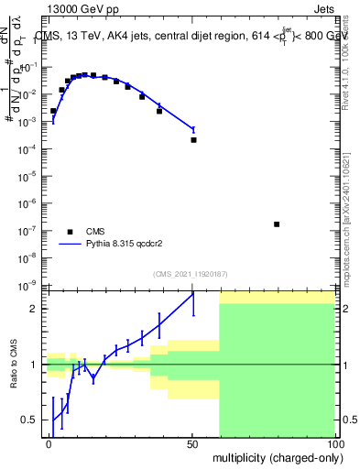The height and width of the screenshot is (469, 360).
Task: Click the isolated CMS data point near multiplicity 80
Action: click(277, 224)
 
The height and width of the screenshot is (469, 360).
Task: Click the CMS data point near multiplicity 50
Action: click(193, 140)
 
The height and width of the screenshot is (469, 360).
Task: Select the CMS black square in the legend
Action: click(71, 232)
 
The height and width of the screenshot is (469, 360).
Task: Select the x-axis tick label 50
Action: click(192, 443)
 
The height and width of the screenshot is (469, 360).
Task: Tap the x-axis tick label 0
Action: click(49, 443)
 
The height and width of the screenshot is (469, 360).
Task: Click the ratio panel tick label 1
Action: click(35, 365)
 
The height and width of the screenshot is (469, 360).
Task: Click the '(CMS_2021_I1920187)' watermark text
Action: click(190, 273)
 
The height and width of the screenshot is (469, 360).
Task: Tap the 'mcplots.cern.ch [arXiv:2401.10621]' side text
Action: click(349, 211)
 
